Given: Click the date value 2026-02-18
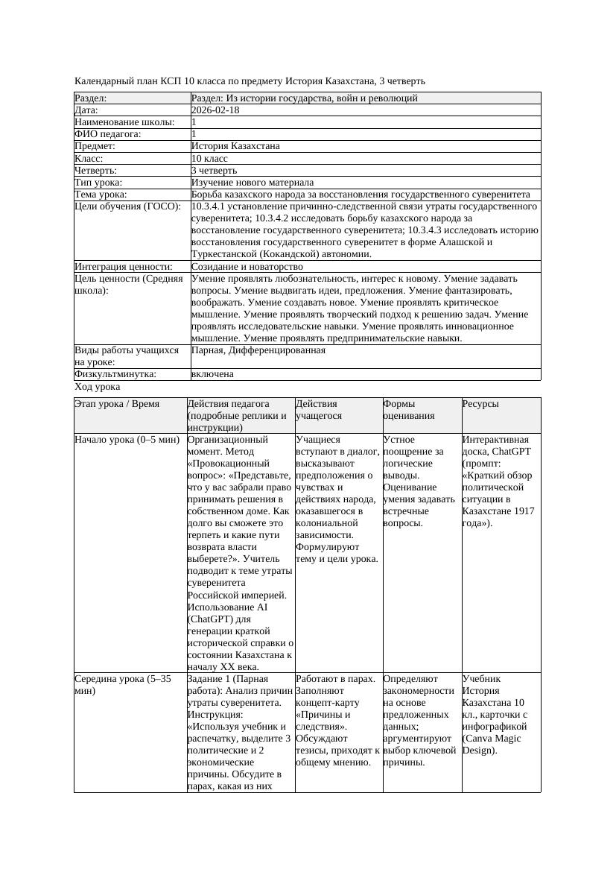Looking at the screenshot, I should click(x=215, y=110).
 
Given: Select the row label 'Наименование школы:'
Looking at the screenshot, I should click(x=125, y=122).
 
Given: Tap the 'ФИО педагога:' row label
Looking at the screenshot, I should click(x=108, y=134).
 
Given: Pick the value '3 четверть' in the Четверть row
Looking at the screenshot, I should click(x=215, y=171).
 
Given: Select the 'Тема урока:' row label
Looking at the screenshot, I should click(x=101, y=195).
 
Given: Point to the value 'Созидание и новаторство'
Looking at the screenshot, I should click(x=247, y=267).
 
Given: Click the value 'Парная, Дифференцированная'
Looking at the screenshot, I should click(x=258, y=350).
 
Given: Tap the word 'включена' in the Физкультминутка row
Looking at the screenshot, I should click(x=212, y=374).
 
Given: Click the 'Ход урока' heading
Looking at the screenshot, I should click(x=98, y=388).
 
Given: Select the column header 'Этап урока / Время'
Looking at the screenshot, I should click(x=117, y=404).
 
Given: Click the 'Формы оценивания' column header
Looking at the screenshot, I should click(x=409, y=410).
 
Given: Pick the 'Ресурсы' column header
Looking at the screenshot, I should click(x=480, y=404).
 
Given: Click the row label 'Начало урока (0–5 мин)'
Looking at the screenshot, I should click(x=127, y=440).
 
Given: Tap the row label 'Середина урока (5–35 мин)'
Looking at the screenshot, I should click(x=123, y=685).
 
